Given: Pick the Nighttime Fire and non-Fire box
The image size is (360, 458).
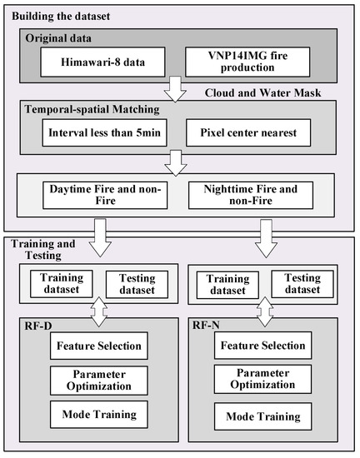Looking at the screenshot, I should coord(252,196).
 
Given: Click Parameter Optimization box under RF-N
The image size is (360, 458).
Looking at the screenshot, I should coord(262,380).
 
